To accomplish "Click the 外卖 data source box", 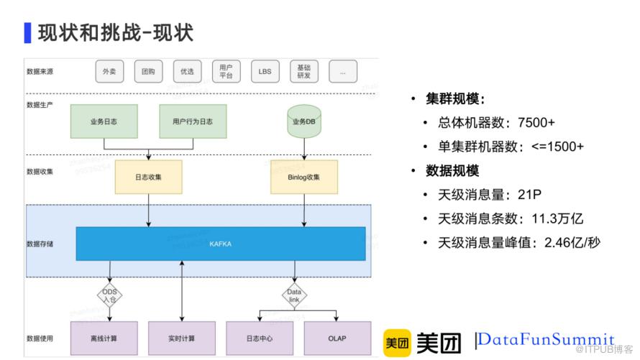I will [x=109, y=72].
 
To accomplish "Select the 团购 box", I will [x=148, y=72].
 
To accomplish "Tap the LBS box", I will [x=265, y=72].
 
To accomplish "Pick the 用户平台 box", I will [x=226, y=72].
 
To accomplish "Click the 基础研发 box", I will [x=303, y=72].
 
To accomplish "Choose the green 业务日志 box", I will [x=104, y=121].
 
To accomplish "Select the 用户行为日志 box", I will [x=193, y=121].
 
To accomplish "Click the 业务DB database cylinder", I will [x=303, y=121].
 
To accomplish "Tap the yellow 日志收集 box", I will [x=148, y=177].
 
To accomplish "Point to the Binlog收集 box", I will [x=303, y=177].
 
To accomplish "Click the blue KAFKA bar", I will [x=220, y=244].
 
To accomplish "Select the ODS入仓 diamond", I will [x=109, y=296].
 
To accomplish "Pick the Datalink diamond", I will [x=294, y=296].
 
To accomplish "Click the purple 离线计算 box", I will [x=104, y=338].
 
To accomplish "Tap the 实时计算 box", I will [x=181, y=338].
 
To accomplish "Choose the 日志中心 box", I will [x=259, y=338].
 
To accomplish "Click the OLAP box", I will [x=337, y=338].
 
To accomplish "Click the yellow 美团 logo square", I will [x=397, y=343].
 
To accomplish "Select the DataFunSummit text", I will [x=547, y=340].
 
